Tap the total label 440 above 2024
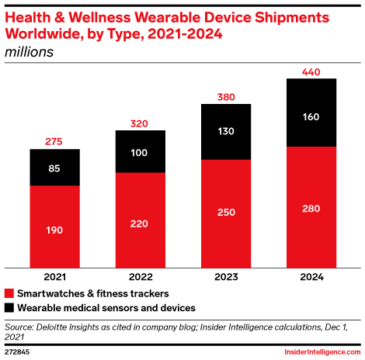point(311,72)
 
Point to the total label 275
point(55,142)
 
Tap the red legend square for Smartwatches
point(9,294)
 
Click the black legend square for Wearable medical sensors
point(9,308)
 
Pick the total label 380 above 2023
point(226,98)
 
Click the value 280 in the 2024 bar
point(311,207)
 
